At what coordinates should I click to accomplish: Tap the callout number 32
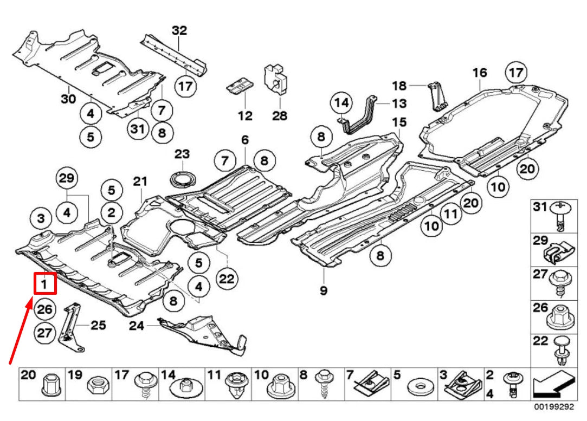click(x=179, y=30)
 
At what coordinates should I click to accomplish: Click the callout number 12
click(x=245, y=115)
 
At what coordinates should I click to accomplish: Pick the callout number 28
click(x=280, y=115)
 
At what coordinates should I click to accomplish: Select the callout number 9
click(x=324, y=290)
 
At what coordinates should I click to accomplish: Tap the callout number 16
click(x=480, y=72)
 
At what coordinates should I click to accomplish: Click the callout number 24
click(x=137, y=325)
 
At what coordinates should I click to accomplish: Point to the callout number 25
click(x=98, y=325)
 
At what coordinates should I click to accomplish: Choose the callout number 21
click(x=140, y=181)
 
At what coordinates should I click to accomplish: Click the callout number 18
click(x=399, y=85)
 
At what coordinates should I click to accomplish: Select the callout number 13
click(x=399, y=102)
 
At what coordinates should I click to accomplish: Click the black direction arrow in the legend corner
click(x=553, y=385)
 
